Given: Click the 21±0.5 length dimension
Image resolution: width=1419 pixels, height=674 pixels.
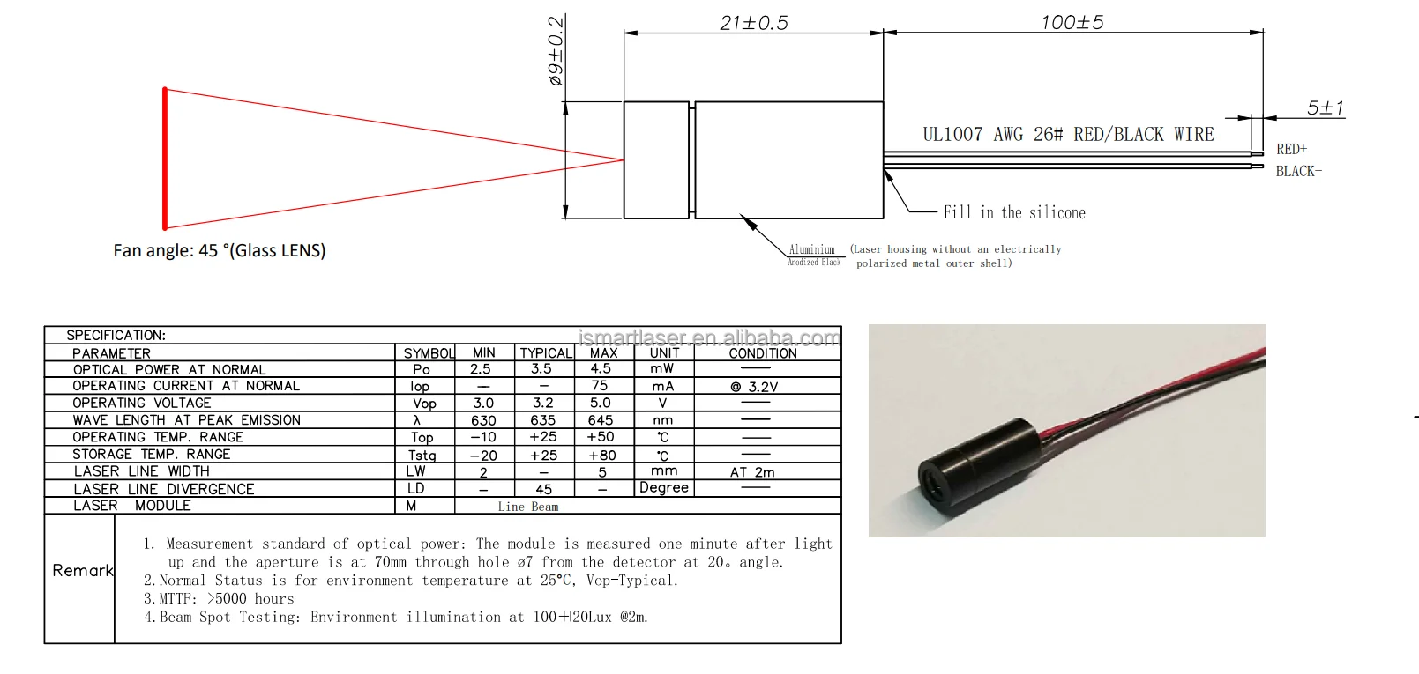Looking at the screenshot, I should (x=753, y=23).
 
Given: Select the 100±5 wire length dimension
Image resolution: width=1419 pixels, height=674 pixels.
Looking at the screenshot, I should (x=1072, y=22).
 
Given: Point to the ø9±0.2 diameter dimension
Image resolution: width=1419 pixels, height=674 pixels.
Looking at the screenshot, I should (x=556, y=51).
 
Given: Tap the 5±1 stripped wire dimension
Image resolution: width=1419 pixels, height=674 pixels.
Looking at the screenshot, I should (x=1325, y=107).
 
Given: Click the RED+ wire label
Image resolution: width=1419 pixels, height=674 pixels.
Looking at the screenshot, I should (x=1291, y=149).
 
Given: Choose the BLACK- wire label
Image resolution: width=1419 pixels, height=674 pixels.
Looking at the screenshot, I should (x=1298, y=171).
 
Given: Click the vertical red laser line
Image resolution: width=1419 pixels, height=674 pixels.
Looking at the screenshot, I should (x=165, y=159).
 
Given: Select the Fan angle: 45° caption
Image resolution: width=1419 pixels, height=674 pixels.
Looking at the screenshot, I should (x=220, y=250).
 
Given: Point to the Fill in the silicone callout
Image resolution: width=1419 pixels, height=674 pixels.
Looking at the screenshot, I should (x=1014, y=212).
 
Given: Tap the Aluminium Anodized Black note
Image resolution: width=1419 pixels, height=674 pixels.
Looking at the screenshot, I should (x=813, y=256).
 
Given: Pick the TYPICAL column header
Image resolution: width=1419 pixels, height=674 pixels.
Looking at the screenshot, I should (x=545, y=352).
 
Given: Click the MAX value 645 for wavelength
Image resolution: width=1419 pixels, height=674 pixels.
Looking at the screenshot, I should (x=601, y=420).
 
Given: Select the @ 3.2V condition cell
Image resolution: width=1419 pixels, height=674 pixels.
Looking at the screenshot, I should (x=754, y=387).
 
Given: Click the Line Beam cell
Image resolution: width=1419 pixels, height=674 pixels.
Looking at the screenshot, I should (x=527, y=507).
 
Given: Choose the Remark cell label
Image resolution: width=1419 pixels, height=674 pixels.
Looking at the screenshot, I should (x=82, y=570).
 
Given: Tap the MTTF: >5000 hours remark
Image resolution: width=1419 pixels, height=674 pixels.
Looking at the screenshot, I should (x=219, y=599).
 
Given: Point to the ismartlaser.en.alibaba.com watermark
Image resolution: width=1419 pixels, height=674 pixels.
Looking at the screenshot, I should (x=709, y=337).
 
